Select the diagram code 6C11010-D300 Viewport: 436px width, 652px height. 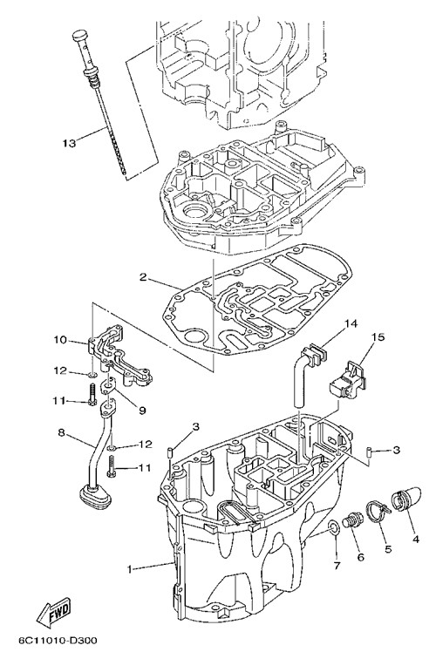click(x=57, y=640)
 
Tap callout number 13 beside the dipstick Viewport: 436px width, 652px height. click(x=70, y=143)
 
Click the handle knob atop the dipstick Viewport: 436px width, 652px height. click(x=80, y=36)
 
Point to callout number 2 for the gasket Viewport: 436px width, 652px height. click(x=143, y=277)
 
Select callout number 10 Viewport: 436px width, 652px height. click(x=60, y=340)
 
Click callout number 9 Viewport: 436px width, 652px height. click(x=143, y=411)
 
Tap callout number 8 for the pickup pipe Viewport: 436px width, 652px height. click(x=63, y=432)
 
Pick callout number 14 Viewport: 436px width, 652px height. click(x=351, y=323)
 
